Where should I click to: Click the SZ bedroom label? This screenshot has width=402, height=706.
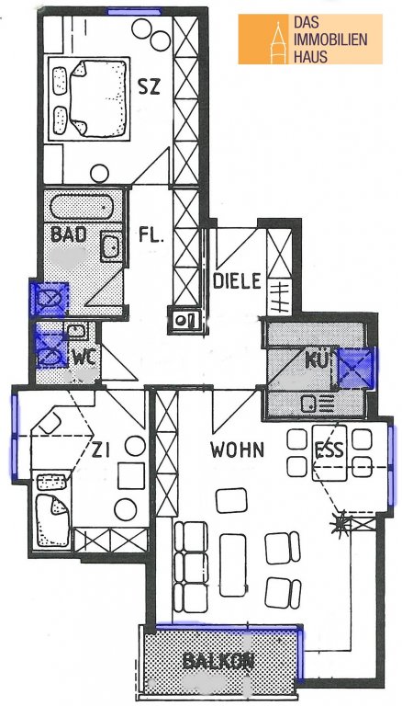pyautogui.click(x=149, y=86)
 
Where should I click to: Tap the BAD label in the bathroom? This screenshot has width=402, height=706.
pyautogui.click(x=68, y=234)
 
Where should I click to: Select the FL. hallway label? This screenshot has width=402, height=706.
pyautogui.click(x=151, y=234)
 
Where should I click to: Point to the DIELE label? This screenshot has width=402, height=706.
pyautogui.click(x=237, y=281)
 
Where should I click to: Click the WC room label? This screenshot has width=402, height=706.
pyautogui.click(x=84, y=358)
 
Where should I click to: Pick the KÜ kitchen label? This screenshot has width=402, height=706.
pyautogui.click(x=318, y=359)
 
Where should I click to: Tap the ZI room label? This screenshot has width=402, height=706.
pyautogui.click(x=101, y=450)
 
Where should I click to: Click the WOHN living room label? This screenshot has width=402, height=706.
pyautogui.click(x=237, y=450)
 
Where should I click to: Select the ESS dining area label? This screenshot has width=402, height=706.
pyautogui.click(x=329, y=450)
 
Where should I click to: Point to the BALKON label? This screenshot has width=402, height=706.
pyautogui.click(x=215, y=661)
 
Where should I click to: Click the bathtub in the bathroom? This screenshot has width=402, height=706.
pyautogui.click(x=82, y=207)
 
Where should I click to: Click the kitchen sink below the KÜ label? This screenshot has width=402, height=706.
pyautogui.click(x=318, y=404)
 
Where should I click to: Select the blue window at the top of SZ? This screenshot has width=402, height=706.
pyautogui.click(x=134, y=12)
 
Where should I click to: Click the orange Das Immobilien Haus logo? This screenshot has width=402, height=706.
pyautogui.click(x=310, y=40)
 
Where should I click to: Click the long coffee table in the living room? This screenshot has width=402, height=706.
pyautogui.click(x=233, y=564)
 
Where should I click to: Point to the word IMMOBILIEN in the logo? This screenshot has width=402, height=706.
pyautogui.click(x=330, y=40)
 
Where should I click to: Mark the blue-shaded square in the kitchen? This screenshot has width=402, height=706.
pyautogui.click(x=355, y=369)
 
